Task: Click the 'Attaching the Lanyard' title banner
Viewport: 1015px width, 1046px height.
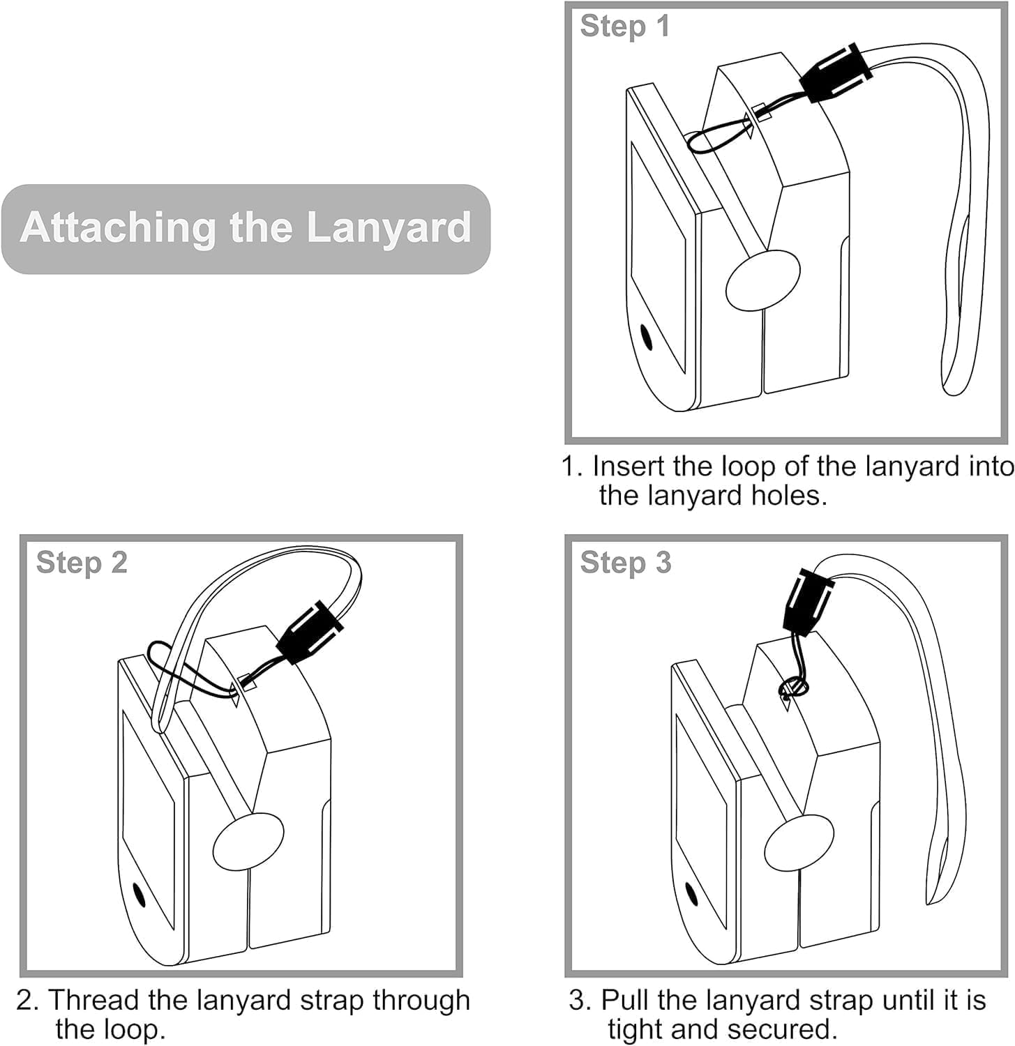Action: (x=246, y=228)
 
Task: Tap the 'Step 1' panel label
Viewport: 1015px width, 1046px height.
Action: (x=624, y=26)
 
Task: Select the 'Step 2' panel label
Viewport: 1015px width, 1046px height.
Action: (x=82, y=563)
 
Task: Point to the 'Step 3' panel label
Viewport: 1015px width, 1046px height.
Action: (x=625, y=563)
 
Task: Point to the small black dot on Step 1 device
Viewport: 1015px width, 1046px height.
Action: (x=647, y=338)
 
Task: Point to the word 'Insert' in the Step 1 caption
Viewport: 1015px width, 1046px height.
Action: (x=627, y=467)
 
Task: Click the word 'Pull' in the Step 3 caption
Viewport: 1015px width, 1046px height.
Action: (x=624, y=1000)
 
